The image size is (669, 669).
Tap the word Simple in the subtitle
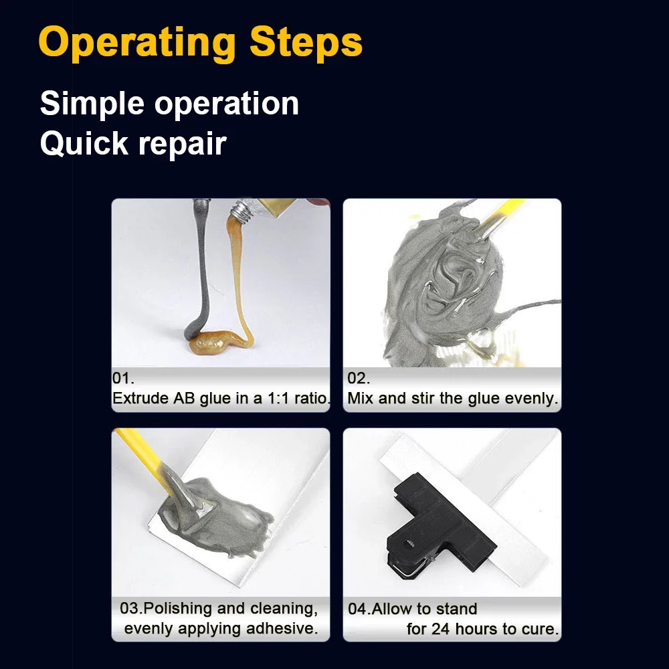click(x=92, y=104)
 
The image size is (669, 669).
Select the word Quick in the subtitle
click(x=84, y=143)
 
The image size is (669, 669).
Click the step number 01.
click(x=123, y=378)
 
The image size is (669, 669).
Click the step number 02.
click(x=359, y=378)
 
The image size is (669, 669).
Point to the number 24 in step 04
click(x=441, y=629)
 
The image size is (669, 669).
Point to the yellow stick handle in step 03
click(x=140, y=450)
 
